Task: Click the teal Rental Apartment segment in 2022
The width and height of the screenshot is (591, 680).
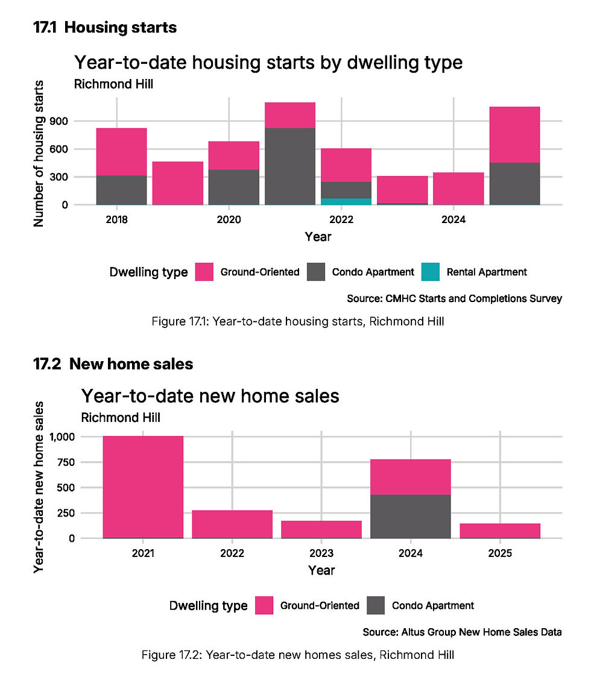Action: pyautogui.click(x=346, y=201)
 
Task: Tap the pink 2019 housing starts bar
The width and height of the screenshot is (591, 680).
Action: pyautogui.click(x=178, y=183)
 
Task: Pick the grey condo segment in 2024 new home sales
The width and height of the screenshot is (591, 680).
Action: pyautogui.click(x=411, y=517)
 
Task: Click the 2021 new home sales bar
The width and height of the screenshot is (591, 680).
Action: pyautogui.click(x=143, y=486)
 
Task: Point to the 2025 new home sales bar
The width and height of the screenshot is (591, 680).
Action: pyautogui.click(x=500, y=530)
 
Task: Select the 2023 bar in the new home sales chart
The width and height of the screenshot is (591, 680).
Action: pyautogui.click(x=321, y=529)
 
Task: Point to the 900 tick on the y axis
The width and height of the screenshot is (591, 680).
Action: pyautogui.click(x=78, y=121)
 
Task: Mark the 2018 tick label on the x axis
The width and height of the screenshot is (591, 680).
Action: pyautogui.click(x=116, y=220)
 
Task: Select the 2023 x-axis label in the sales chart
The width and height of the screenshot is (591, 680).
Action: pyautogui.click(x=321, y=553)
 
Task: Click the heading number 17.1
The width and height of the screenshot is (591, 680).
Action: pyautogui.click(x=45, y=28)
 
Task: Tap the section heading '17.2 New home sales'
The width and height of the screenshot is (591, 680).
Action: pyautogui.click(x=113, y=364)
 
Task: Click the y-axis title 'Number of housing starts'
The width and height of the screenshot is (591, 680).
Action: pyautogui.click(x=40, y=153)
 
